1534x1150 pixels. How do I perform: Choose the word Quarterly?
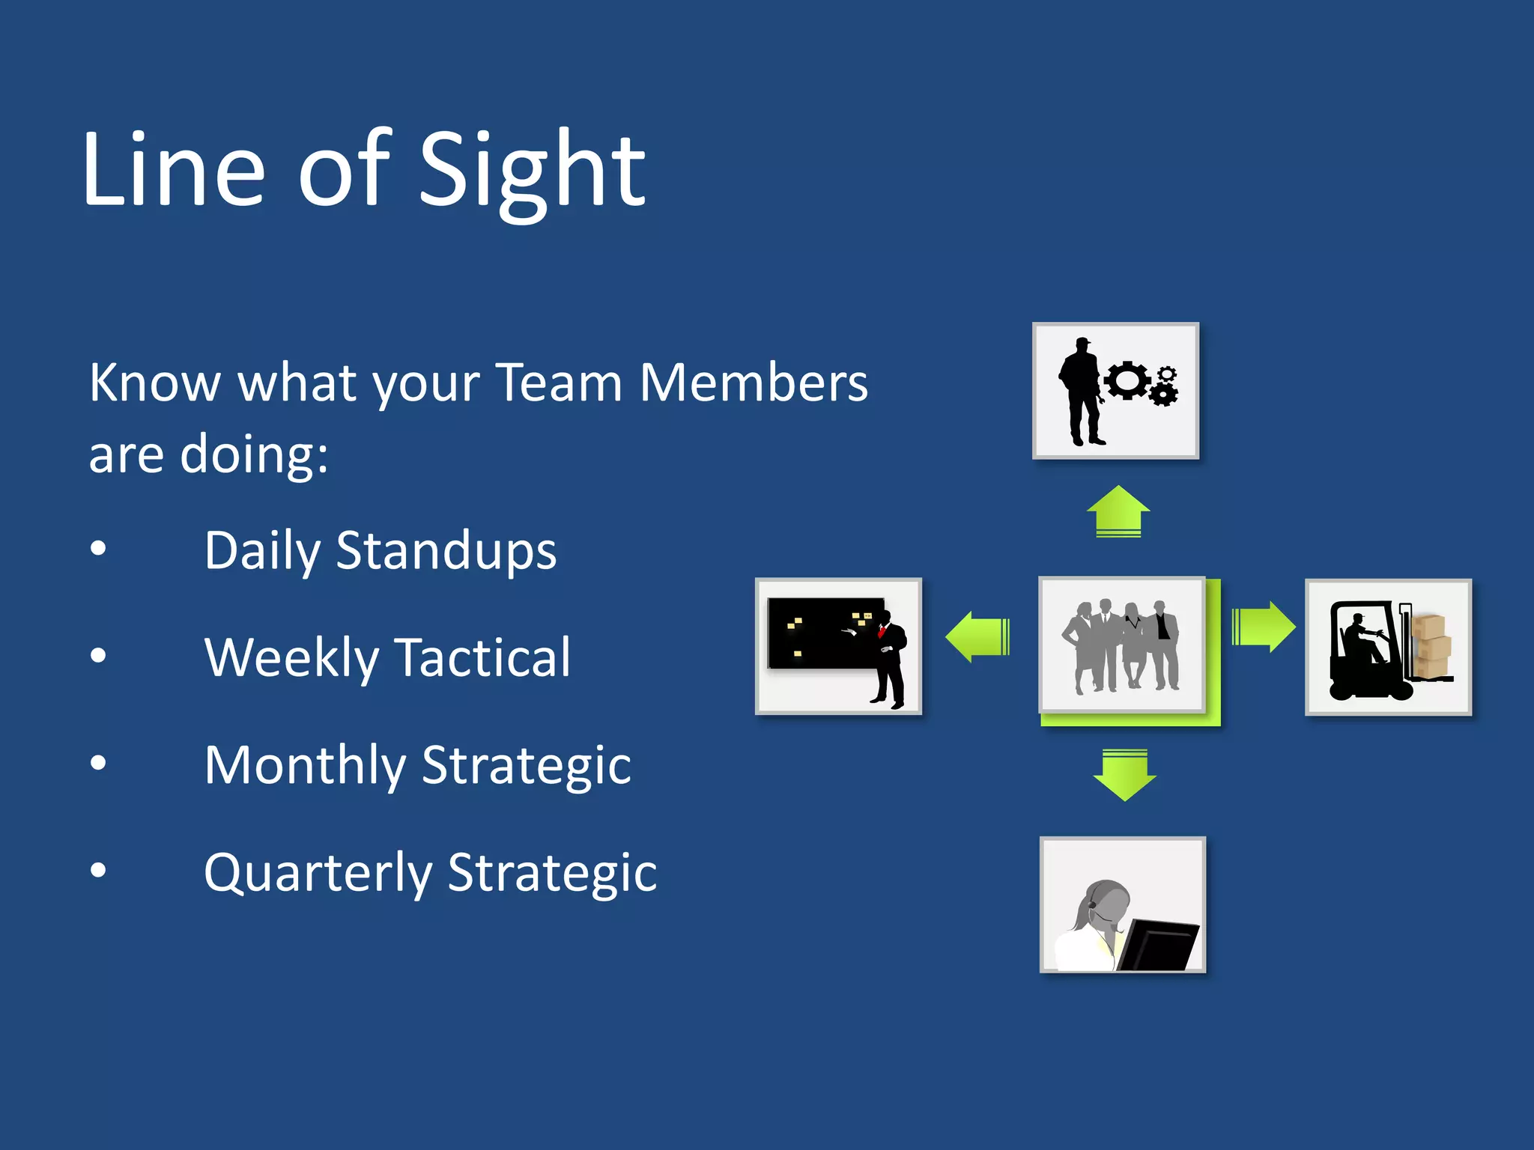[318, 874]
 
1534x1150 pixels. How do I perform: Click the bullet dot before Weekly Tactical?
[98, 656]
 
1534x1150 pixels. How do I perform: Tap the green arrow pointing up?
[1118, 511]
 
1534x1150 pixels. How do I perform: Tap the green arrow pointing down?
[1124, 775]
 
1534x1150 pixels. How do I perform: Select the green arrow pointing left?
[977, 636]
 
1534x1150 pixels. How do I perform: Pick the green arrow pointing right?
[1264, 627]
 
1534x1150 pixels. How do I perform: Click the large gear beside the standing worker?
[1126, 380]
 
